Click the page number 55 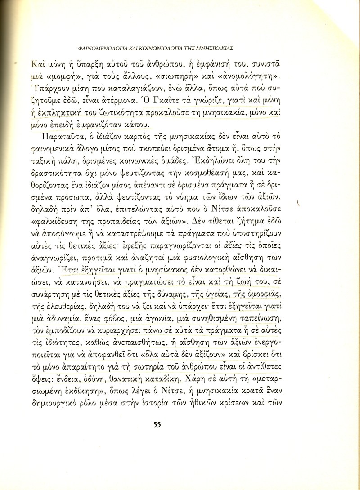(x=157, y=423)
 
